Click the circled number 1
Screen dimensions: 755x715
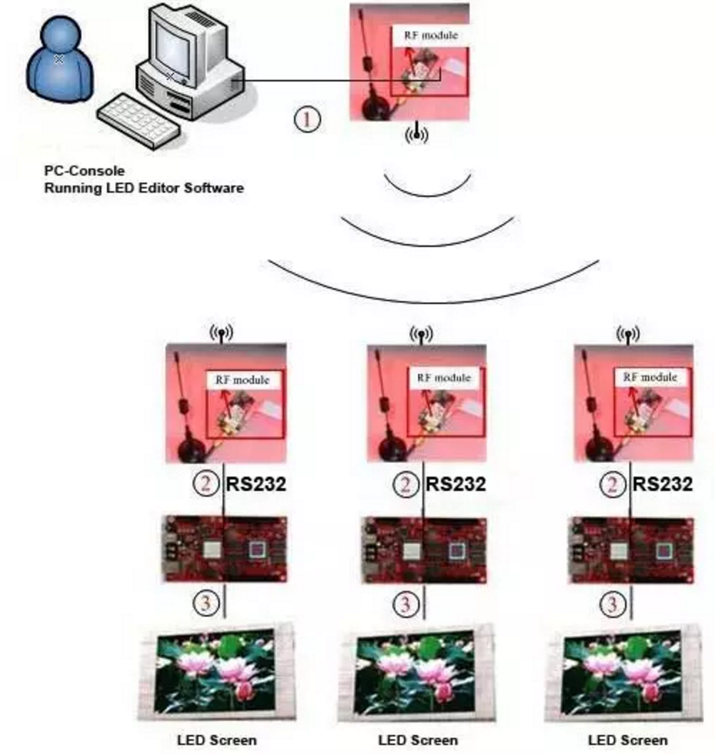pyautogui.click(x=308, y=119)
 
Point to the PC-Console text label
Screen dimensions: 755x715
pyautogui.click(x=84, y=171)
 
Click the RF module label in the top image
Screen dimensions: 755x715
pyautogui.click(x=431, y=35)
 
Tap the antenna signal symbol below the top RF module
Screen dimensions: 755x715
pyautogui.click(x=416, y=133)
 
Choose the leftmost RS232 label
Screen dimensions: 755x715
pyautogui.click(x=256, y=485)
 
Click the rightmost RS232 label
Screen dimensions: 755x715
pyautogui.click(x=663, y=485)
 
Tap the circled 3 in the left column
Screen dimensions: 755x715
pyautogui.click(x=206, y=604)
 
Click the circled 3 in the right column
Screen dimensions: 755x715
pyautogui.click(x=612, y=604)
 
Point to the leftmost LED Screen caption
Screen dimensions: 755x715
pyautogui.click(x=217, y=740)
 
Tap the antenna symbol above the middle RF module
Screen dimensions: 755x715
pyautogui.click(x=422, y=333)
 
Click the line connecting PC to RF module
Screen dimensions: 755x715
pyautogui.click(x=300, y=80)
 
